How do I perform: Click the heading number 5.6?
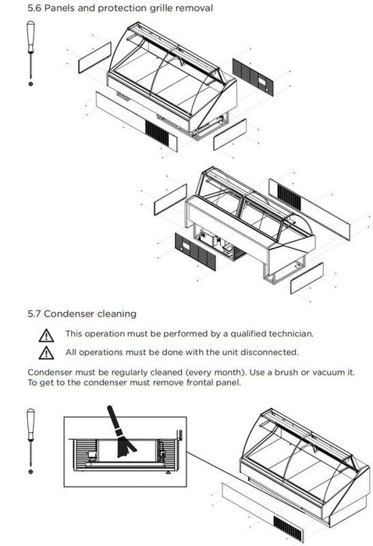tap(34, 8)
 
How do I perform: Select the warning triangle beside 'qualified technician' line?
tap(46, 335)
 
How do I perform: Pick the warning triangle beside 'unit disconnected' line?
tap(46, 353)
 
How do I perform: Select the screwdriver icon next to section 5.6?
tap(30, 53)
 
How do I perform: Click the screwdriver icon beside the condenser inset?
tap(30, 441)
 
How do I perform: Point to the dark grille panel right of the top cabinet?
tap(253, 77)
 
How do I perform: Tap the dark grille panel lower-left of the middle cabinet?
tap(195, 252)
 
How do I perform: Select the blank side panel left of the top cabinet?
tap(94, 58)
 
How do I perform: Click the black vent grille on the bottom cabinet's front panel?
tap(289, 529)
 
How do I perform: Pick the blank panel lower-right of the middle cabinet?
tap(307, 278)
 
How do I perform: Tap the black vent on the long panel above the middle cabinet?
tap(289, 197)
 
